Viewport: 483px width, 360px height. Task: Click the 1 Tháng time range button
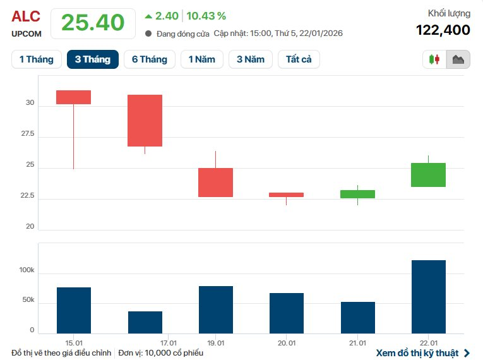pos(37,59)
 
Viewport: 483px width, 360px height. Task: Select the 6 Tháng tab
pos(150,59)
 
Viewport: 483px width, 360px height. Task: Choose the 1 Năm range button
pos(202,59)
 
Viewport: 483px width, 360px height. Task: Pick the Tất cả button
pos(299,59)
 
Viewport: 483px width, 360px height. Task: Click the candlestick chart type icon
pos(434,59)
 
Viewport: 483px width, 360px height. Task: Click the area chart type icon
pos(458,59)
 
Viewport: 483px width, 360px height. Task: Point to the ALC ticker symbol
pos(26,17)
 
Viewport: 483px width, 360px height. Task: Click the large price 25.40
pos(92,23)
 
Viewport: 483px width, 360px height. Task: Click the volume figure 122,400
pos(443,30)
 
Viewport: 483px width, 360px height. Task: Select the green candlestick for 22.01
pos(428,175)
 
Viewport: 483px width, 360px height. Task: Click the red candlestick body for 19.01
pos(215,183)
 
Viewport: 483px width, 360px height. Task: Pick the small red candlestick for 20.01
pos(286,195)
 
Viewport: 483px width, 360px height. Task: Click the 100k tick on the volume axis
pos(27,270)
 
